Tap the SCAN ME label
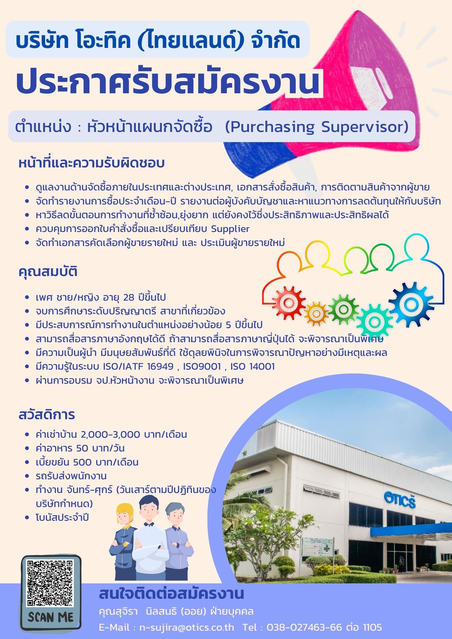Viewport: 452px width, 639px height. (x=51, y=617)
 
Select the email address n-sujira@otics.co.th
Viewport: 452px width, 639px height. (x=187, y=627)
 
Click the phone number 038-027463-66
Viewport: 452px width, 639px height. (x=304, y=627)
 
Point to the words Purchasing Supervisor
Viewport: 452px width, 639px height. (x=317, y=127)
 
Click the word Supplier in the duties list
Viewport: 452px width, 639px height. (x=230, y=229)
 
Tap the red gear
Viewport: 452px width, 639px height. (x=289, y=302)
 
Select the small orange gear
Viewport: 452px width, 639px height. (x=316, y=313)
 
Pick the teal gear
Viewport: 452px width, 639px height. (x=374, y=322)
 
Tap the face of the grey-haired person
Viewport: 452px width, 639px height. (x=175, y=515)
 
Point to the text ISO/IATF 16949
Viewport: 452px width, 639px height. (x=138, y=366)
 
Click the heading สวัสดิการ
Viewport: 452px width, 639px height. (x=47, y=414)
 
